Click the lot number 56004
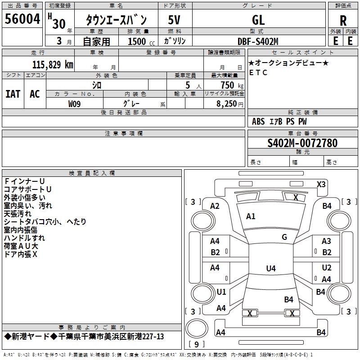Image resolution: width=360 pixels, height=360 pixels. pos(22,19)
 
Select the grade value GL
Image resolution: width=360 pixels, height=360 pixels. pos(258,20)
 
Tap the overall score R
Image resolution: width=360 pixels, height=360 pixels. pos(343,21)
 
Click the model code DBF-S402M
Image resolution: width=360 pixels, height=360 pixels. pos(258,41)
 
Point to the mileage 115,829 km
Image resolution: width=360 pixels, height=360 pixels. pos(53,65)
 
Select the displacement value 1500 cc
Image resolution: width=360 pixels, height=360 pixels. pos(141,41)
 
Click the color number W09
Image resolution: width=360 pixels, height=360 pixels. pos(74,104)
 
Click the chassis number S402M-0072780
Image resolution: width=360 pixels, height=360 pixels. pos(302,143)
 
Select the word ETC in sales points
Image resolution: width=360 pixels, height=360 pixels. pos(258,72)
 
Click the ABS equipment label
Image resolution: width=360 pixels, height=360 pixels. pos(258,121)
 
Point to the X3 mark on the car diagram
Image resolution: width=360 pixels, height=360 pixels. pos(321,184)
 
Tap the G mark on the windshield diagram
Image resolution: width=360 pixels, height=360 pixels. pos(284,237)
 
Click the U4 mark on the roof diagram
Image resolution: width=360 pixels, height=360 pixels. pos(271,268)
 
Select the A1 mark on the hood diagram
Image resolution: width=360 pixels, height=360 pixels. pos(251,216)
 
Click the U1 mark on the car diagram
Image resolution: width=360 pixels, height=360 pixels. pos(221,292)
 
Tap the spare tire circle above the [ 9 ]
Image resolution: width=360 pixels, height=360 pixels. pos(197,328)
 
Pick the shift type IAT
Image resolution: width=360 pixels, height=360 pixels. pos(13,94)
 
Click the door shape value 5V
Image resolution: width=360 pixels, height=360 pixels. pos(174,20)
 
